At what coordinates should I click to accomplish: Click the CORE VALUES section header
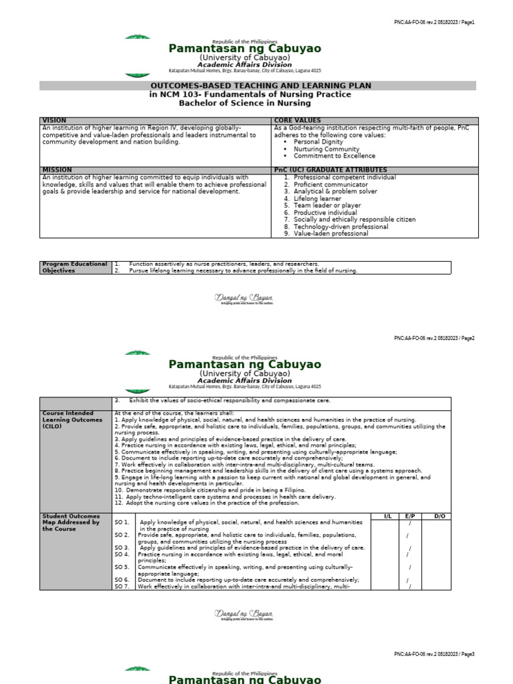(x=297, y=121)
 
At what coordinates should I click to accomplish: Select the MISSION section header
(x=57, y=170)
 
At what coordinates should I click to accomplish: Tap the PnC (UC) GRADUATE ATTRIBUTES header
(x=331, y=170)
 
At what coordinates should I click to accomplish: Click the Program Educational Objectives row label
(x=74, y=267)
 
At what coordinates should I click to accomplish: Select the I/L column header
(x=387, y=516)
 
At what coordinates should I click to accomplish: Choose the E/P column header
(x=409, y=516)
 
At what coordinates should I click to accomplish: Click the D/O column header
(x=439, y=516)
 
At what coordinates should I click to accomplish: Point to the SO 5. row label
(x=122, y=567)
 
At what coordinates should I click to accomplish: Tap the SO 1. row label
(x=122, y=522)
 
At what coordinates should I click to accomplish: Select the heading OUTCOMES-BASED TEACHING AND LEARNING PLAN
(x=260, y=86)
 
